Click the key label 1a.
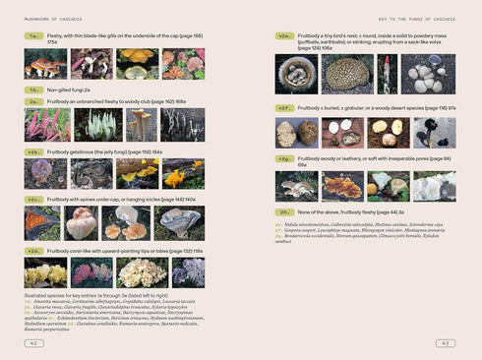(x=33, y=35)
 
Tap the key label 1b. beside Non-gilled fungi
(x=33, y=90)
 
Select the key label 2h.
(x=284, y=211)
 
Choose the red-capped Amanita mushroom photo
(x=45, y=64)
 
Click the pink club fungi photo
(x=45, y=125)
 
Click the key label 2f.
(x=284, y=108)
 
